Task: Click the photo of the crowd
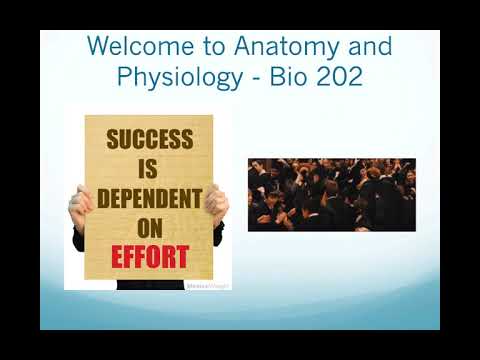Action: click(331, 195)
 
